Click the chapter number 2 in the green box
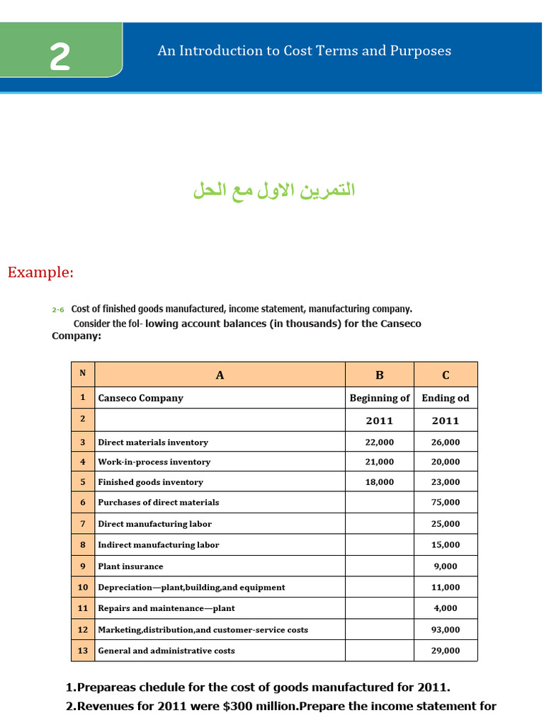59,57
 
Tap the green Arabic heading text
273,190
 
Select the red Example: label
40,273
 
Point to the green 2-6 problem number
58,310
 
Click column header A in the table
220,375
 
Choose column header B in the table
379,375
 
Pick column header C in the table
446,375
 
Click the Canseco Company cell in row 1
140,398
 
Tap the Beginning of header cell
379,398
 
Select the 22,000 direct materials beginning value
379,442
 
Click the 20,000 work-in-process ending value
446,462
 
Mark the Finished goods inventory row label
150,482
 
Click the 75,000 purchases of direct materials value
446,502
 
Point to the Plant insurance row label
130,566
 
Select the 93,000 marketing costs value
446,629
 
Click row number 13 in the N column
83,651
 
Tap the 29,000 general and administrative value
446,651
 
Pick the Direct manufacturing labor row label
154,524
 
